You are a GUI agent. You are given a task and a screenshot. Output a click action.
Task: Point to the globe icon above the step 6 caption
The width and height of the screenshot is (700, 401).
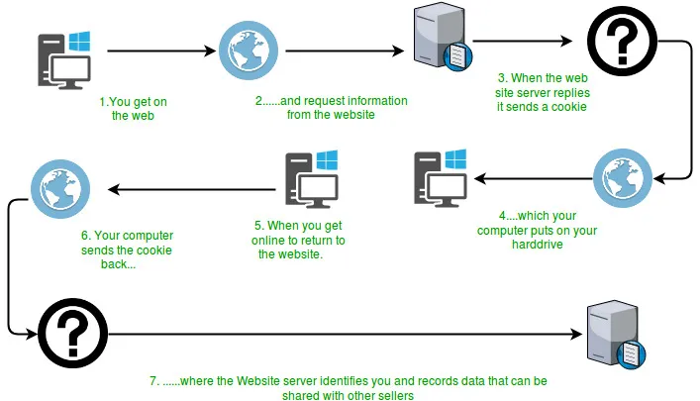click(x=55, y=186)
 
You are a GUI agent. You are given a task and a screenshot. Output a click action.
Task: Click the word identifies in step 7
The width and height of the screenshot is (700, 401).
click(x=352, y=379)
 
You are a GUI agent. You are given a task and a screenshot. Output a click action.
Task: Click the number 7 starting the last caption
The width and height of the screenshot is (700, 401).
click(x=151, y=379)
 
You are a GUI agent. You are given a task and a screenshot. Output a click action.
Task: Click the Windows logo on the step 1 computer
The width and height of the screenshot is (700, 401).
click(x=79, y=41)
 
